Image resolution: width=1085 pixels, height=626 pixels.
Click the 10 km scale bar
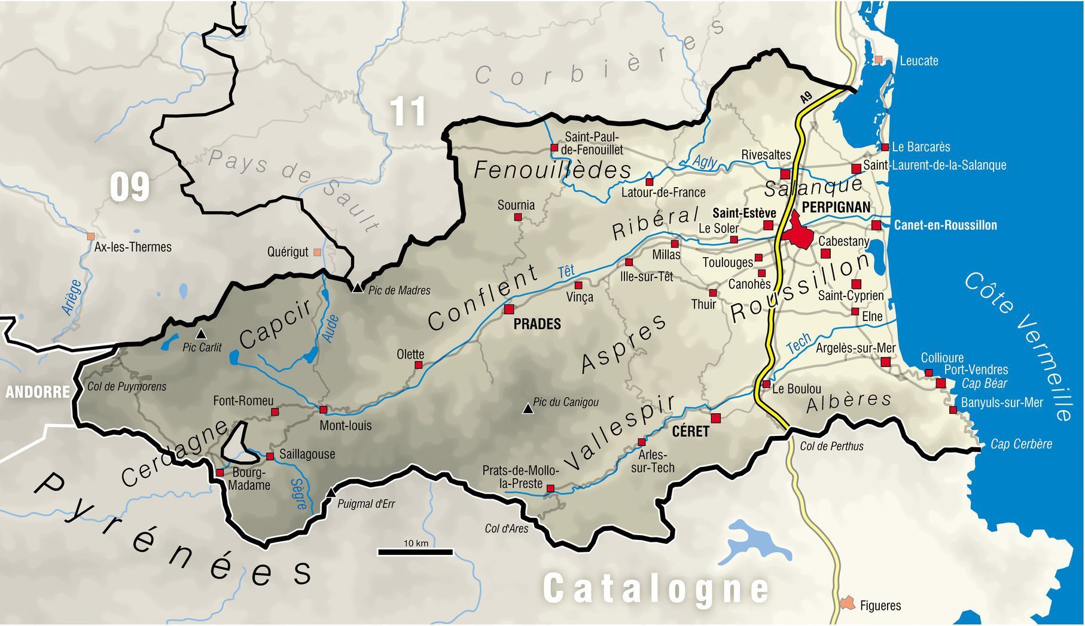pos(416,551)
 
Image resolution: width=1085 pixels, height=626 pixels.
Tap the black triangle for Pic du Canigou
pos(528,409)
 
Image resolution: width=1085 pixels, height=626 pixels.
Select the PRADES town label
pos(537,324)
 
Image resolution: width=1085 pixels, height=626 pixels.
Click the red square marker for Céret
pos(715,417)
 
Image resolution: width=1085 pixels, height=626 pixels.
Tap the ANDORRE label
pos(37,392)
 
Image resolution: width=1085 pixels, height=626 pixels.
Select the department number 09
pos(129,187)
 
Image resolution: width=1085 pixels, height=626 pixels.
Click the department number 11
pos(408,111)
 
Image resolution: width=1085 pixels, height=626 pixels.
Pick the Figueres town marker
pos(847,603)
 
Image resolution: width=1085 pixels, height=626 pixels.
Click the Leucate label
pos(919,60)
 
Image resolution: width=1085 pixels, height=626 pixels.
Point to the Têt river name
pos(566,271)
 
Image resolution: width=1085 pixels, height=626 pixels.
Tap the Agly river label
pos(705,161)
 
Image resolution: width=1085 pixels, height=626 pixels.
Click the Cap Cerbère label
pos(1021,444)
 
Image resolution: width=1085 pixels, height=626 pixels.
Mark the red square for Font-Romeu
pos(275,411)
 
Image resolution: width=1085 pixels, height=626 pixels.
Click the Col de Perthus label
pos(831,446)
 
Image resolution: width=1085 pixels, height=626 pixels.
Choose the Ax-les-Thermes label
pos(133,247)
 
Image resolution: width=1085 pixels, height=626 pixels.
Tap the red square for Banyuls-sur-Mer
pos(953,410)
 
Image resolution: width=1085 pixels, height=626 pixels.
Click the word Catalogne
pos(656,588)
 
